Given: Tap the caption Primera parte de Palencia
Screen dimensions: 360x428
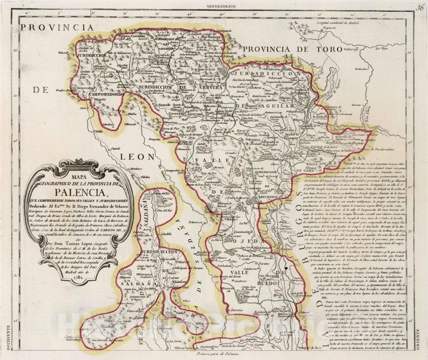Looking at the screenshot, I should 219,354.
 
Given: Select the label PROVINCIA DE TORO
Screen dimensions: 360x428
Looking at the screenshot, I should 293,49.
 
